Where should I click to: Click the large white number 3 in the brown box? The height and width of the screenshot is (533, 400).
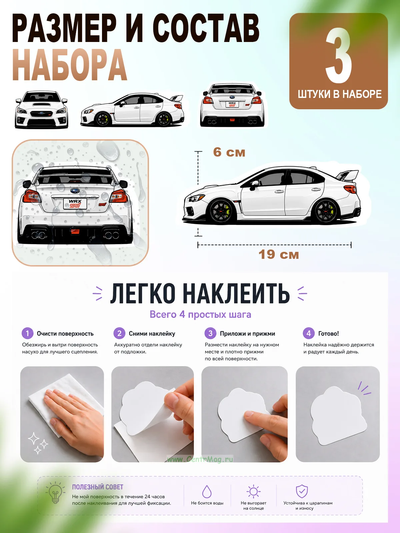click(339, 55)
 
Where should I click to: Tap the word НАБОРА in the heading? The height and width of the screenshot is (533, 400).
click(69, 65)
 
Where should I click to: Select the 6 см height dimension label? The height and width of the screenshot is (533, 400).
click(229, 152)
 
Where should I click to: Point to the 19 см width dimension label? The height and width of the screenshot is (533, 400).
click(279, 255)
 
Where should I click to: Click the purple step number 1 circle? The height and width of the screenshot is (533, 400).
click(27, 333)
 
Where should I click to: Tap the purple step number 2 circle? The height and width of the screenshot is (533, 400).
click(119, 333)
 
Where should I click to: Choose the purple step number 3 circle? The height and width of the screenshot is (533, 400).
click(210, 333)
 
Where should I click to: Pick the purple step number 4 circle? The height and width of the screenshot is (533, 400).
click(308, 333)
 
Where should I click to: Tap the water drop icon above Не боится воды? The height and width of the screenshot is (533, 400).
click(207, 491)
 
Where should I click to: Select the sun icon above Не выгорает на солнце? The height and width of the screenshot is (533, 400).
click(253, 491)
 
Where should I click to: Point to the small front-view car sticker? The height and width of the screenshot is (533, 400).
click(42, 110)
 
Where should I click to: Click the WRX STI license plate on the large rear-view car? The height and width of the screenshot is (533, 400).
click(75, 204)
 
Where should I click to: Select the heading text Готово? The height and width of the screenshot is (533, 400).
click(328, 333)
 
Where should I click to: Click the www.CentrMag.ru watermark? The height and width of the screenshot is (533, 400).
click(200, 459)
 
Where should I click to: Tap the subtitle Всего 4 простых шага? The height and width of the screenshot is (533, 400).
click(200, 314)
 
